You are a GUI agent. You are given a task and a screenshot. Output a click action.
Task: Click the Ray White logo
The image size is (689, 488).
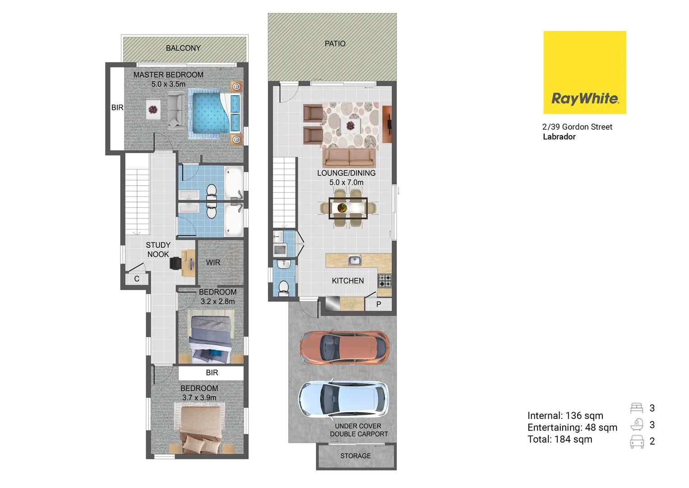click(584, 72)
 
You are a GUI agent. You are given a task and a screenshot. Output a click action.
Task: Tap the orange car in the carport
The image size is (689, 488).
click(344, 347)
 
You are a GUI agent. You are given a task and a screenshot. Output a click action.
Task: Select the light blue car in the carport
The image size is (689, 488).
click(343, 399)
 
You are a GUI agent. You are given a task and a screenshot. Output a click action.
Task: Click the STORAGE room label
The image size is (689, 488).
click(356, 456)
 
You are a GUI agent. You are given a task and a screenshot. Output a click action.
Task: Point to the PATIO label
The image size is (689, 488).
click(335, 44)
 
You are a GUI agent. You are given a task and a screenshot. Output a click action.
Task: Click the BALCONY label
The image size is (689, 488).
click(183, 48)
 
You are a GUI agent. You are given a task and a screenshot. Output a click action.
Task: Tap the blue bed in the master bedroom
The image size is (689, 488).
click(210, 113)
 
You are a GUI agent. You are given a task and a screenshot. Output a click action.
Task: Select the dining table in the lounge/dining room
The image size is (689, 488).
click(348, 208)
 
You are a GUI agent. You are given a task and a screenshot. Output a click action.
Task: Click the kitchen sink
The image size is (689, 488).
click(355, 260)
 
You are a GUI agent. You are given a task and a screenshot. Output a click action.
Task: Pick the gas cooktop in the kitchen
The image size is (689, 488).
click(384, 281)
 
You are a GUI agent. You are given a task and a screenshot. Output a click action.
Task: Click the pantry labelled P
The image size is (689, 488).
click(379, 304)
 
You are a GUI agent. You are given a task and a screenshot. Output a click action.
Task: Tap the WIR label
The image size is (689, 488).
click(213, 263)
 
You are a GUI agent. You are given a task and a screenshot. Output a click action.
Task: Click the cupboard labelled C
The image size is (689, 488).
click(137, 279)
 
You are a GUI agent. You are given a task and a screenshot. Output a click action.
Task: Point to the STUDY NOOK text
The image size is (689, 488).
click(158, 249)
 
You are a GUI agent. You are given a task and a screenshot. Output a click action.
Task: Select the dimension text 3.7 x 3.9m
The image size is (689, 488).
click(199, 398)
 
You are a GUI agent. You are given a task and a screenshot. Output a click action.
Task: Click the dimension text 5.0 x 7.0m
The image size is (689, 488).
click(346, 183)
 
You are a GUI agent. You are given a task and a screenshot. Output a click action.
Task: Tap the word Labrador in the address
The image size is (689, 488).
click(559, 136)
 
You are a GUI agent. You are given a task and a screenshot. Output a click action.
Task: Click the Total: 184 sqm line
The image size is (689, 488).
click(560, 439)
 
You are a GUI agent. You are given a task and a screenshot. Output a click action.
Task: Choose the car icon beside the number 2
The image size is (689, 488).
click(637, 441)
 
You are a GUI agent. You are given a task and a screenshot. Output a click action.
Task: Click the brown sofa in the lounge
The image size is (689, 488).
click(349, 158)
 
